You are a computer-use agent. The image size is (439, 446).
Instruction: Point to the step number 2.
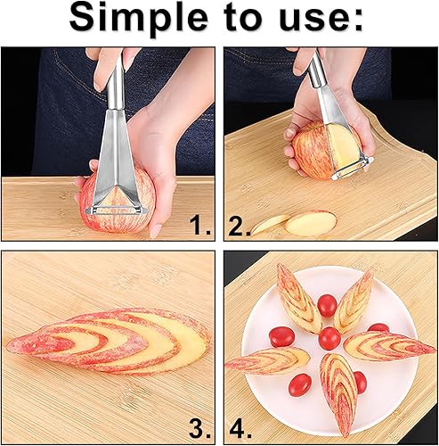(x=240, y=226)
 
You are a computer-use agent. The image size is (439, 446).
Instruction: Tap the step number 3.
(x=199, y=428)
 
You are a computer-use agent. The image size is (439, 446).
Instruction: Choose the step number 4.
(x=240, y=428)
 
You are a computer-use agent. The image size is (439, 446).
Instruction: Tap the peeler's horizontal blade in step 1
(x=117, y=210)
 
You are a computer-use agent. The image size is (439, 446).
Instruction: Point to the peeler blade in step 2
(x=352, y=169)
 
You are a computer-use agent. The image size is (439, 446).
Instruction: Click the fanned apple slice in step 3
(x=109, y=341)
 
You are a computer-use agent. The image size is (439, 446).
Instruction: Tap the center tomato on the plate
(x=329, y=338)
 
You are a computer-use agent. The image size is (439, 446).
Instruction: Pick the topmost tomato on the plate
(x=327, y=306)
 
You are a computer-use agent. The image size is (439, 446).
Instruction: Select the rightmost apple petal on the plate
(x=389, y=345)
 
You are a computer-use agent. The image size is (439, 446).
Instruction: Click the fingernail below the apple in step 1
(x=156, y=231)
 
